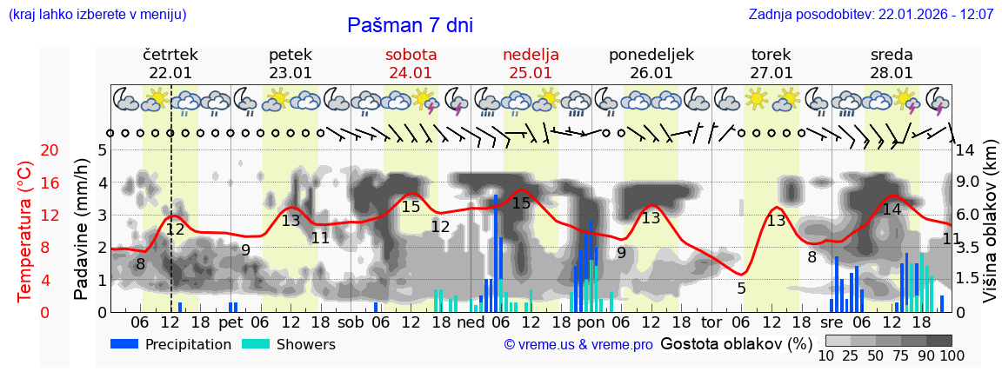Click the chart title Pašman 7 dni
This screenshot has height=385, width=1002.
[410, 25]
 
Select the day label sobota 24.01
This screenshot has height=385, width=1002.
[411, 63]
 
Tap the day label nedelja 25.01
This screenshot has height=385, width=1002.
[531, 63]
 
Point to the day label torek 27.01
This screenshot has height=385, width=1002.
[772, 63]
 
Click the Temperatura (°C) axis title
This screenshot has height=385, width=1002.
[26, 230]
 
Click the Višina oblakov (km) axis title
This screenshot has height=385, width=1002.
[990, 230]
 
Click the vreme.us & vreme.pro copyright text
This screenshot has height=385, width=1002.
[578, 345]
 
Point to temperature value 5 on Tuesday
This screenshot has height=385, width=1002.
[741, 288]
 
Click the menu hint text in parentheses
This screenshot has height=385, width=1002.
[97, 15]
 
